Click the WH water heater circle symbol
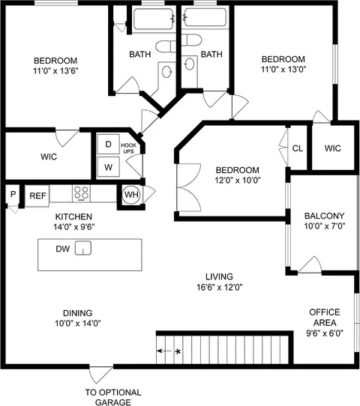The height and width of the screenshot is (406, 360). tap(131, 194)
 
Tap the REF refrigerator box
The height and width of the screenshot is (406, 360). tap(37, 196)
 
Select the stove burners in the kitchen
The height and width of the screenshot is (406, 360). tap(82, 193)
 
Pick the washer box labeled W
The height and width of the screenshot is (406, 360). tap(108, 166)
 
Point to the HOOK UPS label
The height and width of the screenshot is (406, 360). tap(128, 148)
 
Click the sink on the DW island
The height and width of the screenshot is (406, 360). tap(85, 249)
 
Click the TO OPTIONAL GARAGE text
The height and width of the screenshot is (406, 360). tap(112, 396)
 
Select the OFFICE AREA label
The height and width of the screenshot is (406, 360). tap(325, 317)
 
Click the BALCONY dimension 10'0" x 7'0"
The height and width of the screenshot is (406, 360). tap(324, 227)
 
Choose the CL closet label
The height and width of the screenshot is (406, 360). tap(297, 148)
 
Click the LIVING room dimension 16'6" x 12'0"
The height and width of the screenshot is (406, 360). tap(219, 287)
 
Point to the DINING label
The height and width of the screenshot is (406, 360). tap(77, 312)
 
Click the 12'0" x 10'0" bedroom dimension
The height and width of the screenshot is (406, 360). tap(236, 180)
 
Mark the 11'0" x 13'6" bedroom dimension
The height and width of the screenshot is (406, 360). tap(56, 71)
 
